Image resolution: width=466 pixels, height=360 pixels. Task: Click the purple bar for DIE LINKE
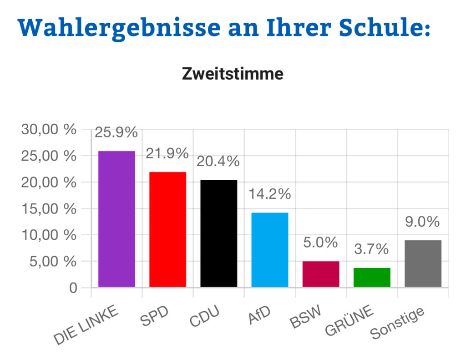(x=116, y=219)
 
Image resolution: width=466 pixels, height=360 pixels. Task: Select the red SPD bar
(x=167, y=229)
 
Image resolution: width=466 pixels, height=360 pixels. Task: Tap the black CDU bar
(x=218, y=233)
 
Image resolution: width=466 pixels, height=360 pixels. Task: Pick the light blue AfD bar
(x=269, y=250)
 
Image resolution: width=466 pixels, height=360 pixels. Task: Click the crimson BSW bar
(x=321, y=274)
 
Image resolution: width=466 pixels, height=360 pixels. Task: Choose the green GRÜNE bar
(x=372, y=277)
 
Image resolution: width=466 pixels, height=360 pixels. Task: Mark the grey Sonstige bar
(x=423, y=264)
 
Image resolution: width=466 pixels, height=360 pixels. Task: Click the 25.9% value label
(x=116, y=133)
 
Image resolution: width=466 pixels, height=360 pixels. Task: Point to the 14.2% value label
(x=269, y=194)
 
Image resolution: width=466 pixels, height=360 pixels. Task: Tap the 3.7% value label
(x=372, y=249)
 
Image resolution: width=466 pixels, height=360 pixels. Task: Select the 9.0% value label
(x=423, y=222)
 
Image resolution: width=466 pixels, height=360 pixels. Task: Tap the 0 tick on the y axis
(x=73, y=288)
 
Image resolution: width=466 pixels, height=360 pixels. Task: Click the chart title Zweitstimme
(x=233, y=74)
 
